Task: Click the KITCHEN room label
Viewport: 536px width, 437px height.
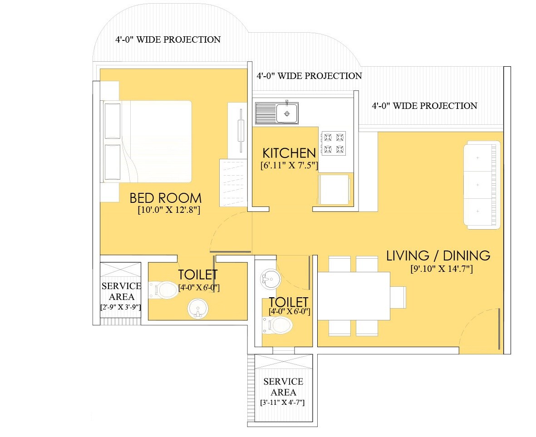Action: [289, 153]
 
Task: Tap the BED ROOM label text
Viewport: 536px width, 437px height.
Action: [165, 198]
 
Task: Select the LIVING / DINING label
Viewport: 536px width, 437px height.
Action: [438, 255]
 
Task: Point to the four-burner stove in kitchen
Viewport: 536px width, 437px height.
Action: [334, 142]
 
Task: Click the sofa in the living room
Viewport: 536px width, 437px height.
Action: [482, 185]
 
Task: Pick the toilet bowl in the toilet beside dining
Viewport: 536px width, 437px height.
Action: [279, 324]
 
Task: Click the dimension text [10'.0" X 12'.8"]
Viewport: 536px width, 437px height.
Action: [169, 210]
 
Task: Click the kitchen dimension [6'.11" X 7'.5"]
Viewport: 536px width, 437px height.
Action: [289, 166]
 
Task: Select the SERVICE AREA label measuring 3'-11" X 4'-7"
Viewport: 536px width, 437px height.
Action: [283, 387]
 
